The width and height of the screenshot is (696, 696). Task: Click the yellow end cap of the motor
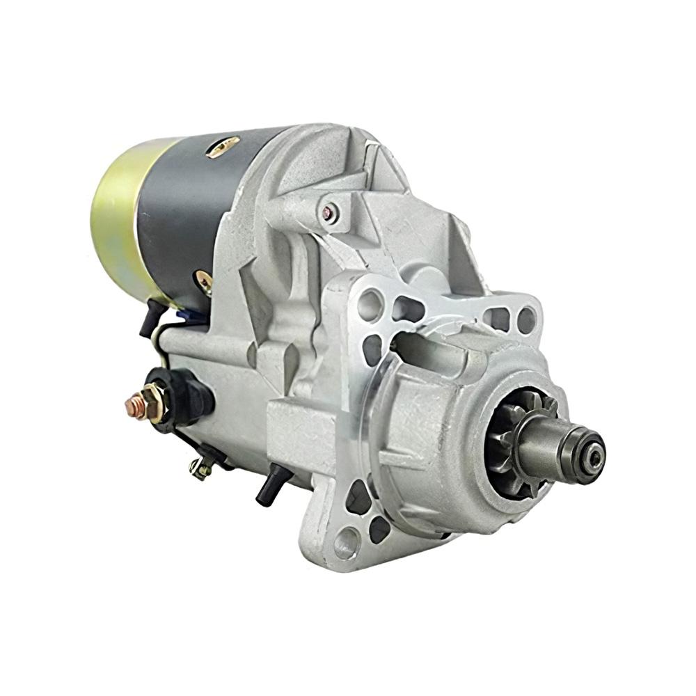click(x=115, y=216)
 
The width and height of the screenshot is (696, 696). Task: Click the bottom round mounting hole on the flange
click(x=346, y=539)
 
